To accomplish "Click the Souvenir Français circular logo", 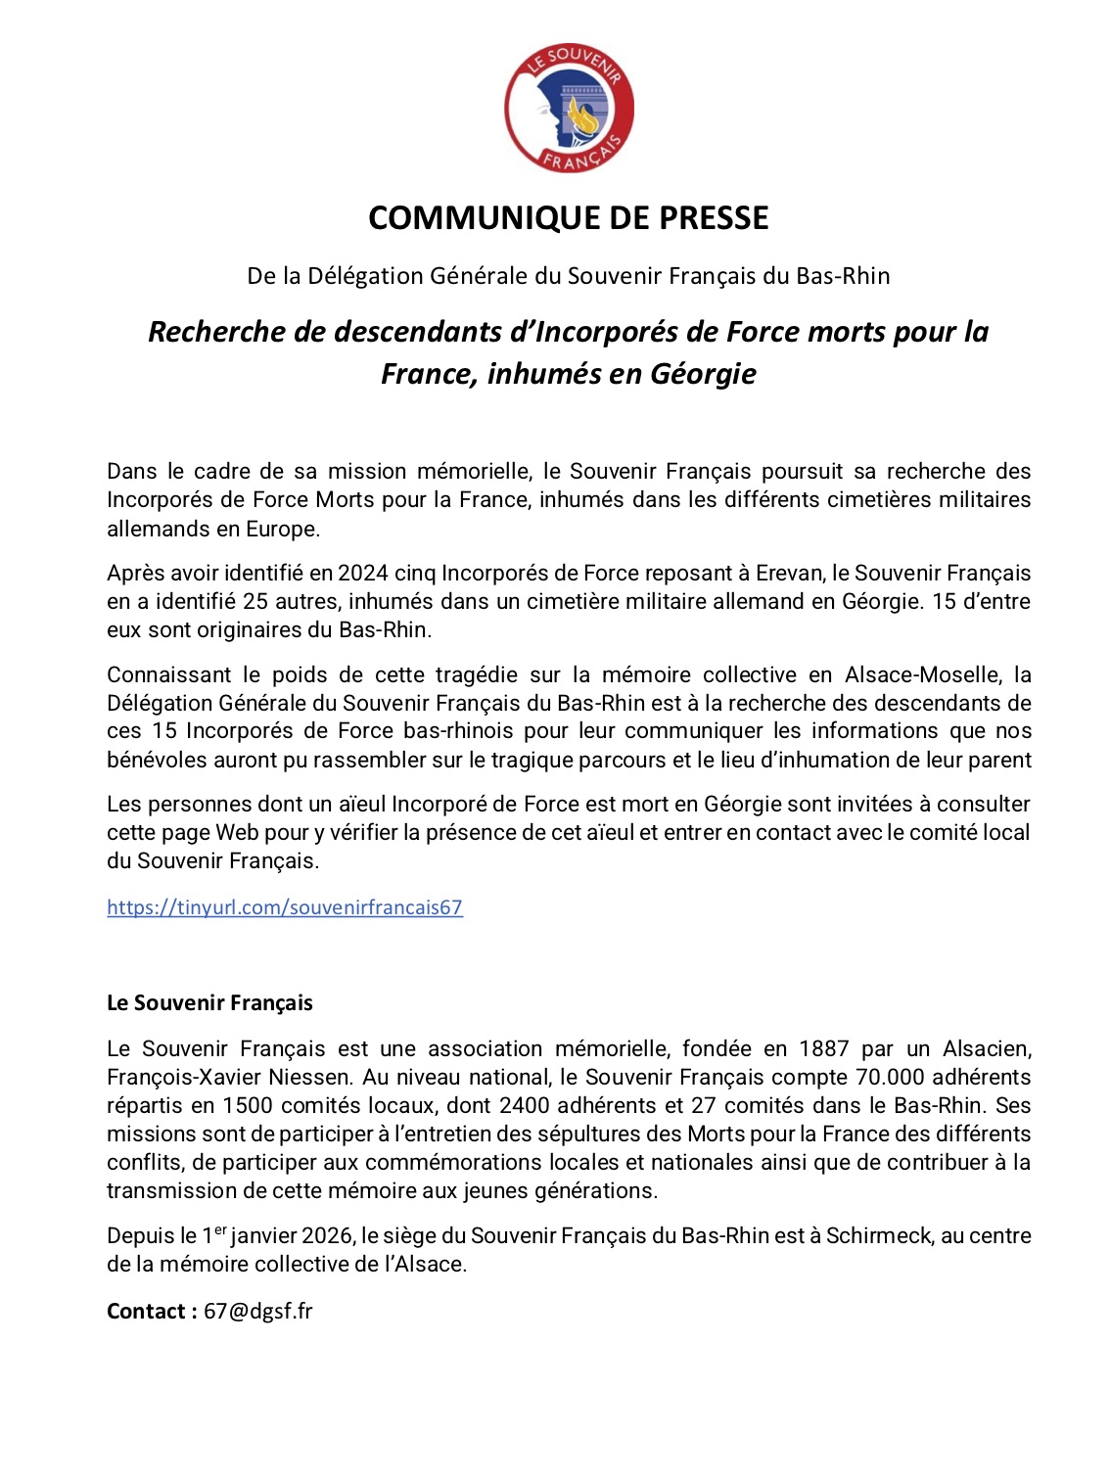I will [569, 108].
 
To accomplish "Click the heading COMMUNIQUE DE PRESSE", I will [568, 217].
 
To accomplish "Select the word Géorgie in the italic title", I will [704, 373].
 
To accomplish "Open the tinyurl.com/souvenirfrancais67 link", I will [284, 907].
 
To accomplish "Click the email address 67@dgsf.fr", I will [258, 1311].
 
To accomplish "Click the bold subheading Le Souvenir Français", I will [209, 1002].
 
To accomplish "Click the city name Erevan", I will [789, 573].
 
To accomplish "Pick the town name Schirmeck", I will [879, 1235].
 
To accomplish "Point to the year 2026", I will [328, 1235].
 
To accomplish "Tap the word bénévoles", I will [155, 760].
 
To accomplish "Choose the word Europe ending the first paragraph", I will [285, 529].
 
